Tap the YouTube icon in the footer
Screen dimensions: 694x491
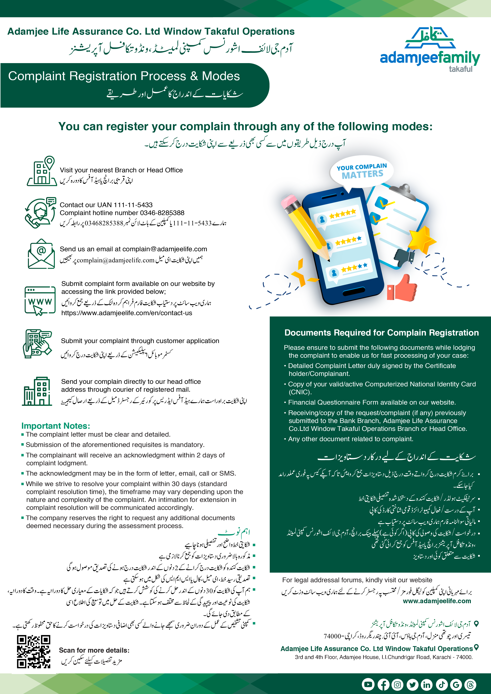pos(368,684)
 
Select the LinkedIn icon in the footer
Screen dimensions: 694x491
pos(427,684)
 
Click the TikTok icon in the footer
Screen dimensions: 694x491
pos(441,684)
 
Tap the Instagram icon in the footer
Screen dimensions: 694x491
pos(397,684)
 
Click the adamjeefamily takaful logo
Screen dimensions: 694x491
pos(430,50)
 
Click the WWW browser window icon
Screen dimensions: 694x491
pos(40,301)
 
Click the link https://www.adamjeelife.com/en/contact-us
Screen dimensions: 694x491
pos(127,313)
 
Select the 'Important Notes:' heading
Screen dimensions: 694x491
pos(56,426)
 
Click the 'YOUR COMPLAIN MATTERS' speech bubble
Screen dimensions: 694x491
pos(362,171)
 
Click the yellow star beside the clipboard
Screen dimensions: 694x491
pos(423,238)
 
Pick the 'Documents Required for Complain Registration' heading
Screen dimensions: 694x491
pos(381,333)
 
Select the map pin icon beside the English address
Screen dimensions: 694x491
pos(476,647)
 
